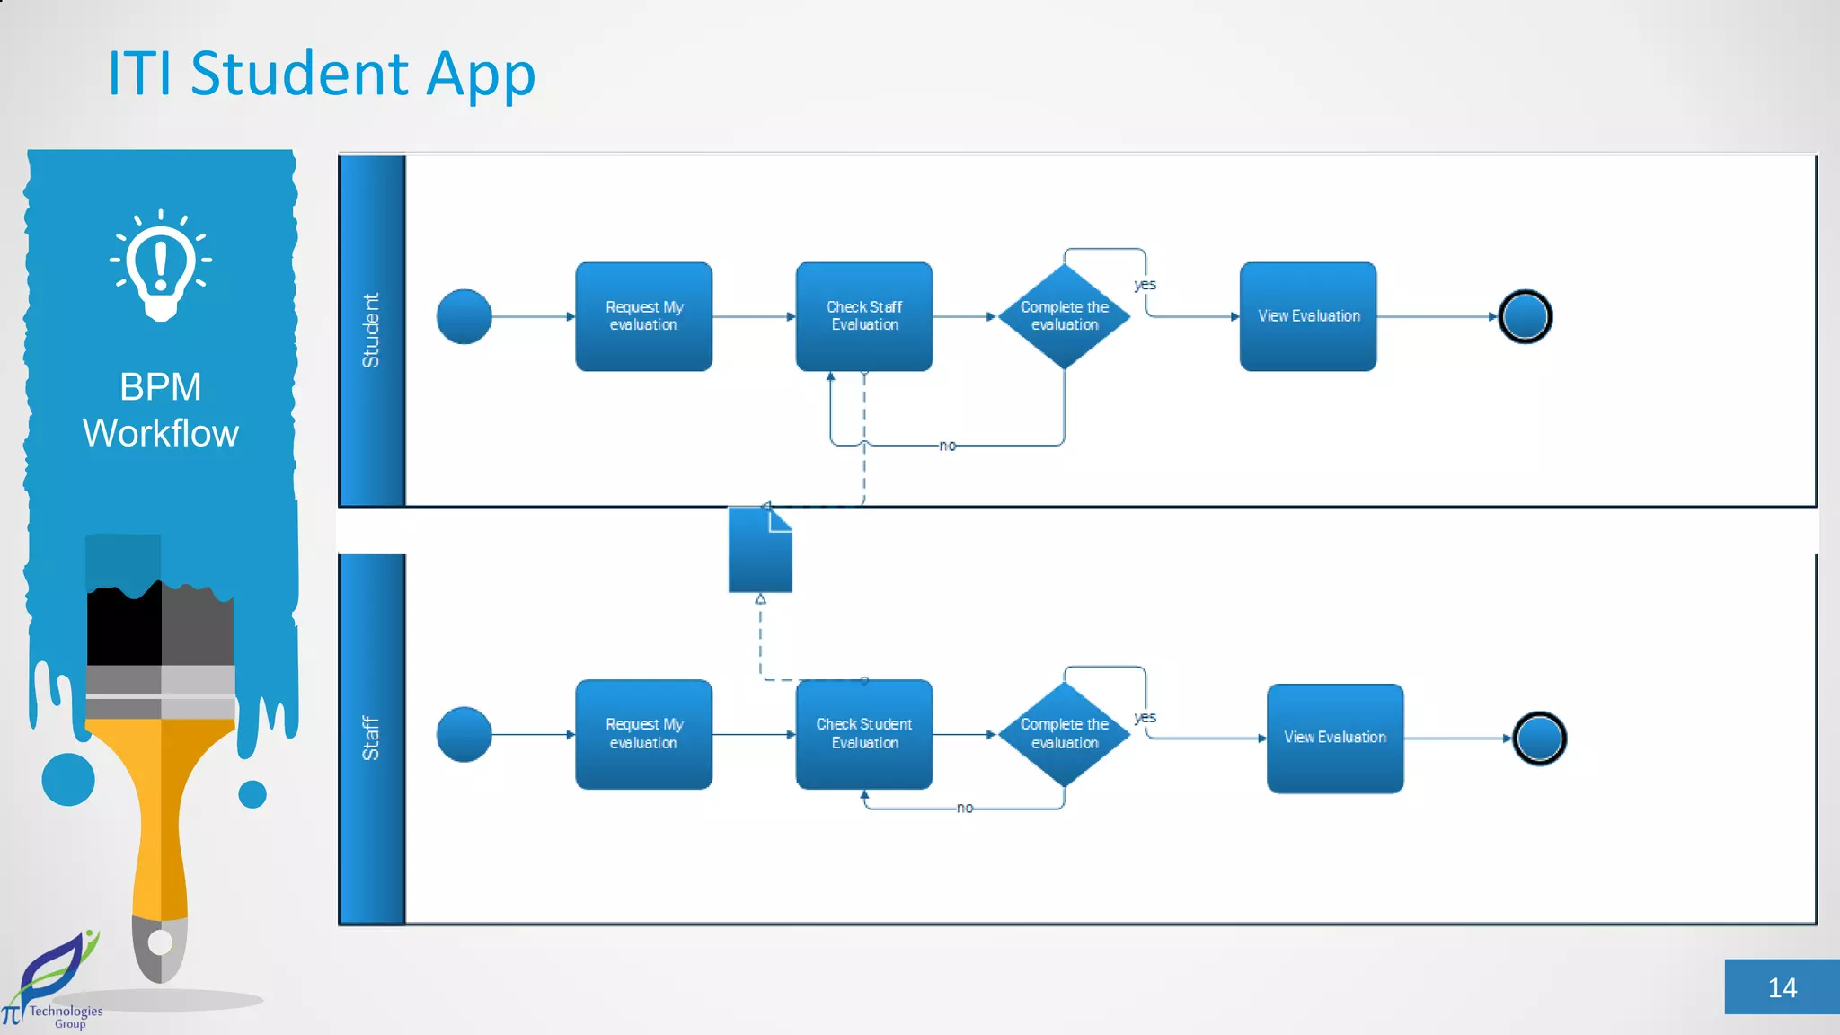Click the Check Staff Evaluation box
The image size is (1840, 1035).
(863, 316)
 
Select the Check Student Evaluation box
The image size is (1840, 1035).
(863, 734)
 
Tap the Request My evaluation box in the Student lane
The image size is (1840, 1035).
(643, 316)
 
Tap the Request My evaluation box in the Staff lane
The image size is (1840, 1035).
(643, 734)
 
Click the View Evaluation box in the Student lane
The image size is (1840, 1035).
(1307, 316)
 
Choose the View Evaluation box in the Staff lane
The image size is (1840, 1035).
(1334, 738)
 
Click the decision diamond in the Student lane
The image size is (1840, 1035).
(1064, 316)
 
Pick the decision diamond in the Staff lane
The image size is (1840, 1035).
(1064, 734)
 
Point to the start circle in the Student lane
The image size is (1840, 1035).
(464, 316)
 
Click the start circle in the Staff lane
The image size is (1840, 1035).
(464, 734)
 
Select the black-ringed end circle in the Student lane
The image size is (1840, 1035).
(1525, 316)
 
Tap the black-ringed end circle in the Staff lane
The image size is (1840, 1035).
(1539, 738)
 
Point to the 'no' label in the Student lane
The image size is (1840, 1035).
(947, 446)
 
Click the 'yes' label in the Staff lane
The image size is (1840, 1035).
(1145, 717)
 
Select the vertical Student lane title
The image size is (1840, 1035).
(371, 330)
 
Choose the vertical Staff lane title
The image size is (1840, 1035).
(371, 738)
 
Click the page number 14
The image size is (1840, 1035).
(1782, 987)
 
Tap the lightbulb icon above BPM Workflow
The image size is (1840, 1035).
(161, 264)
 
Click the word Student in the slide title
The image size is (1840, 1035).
(300, 74)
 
